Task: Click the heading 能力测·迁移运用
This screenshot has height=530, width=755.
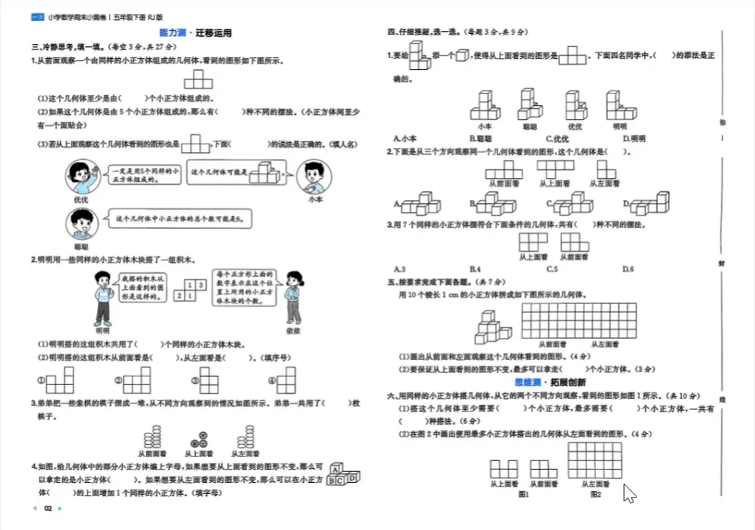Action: pos(195,33)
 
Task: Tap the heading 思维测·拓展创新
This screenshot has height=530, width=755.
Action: pos(550,383)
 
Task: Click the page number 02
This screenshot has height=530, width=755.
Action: pos(48,509)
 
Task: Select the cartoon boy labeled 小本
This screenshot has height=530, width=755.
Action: pos(315,177)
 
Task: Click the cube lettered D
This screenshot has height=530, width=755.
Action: pos(354,478)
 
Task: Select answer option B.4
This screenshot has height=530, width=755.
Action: pos(475,269)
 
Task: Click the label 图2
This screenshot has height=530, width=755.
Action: pos(595,495)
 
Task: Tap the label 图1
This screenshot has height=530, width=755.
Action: pos(524,495)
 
